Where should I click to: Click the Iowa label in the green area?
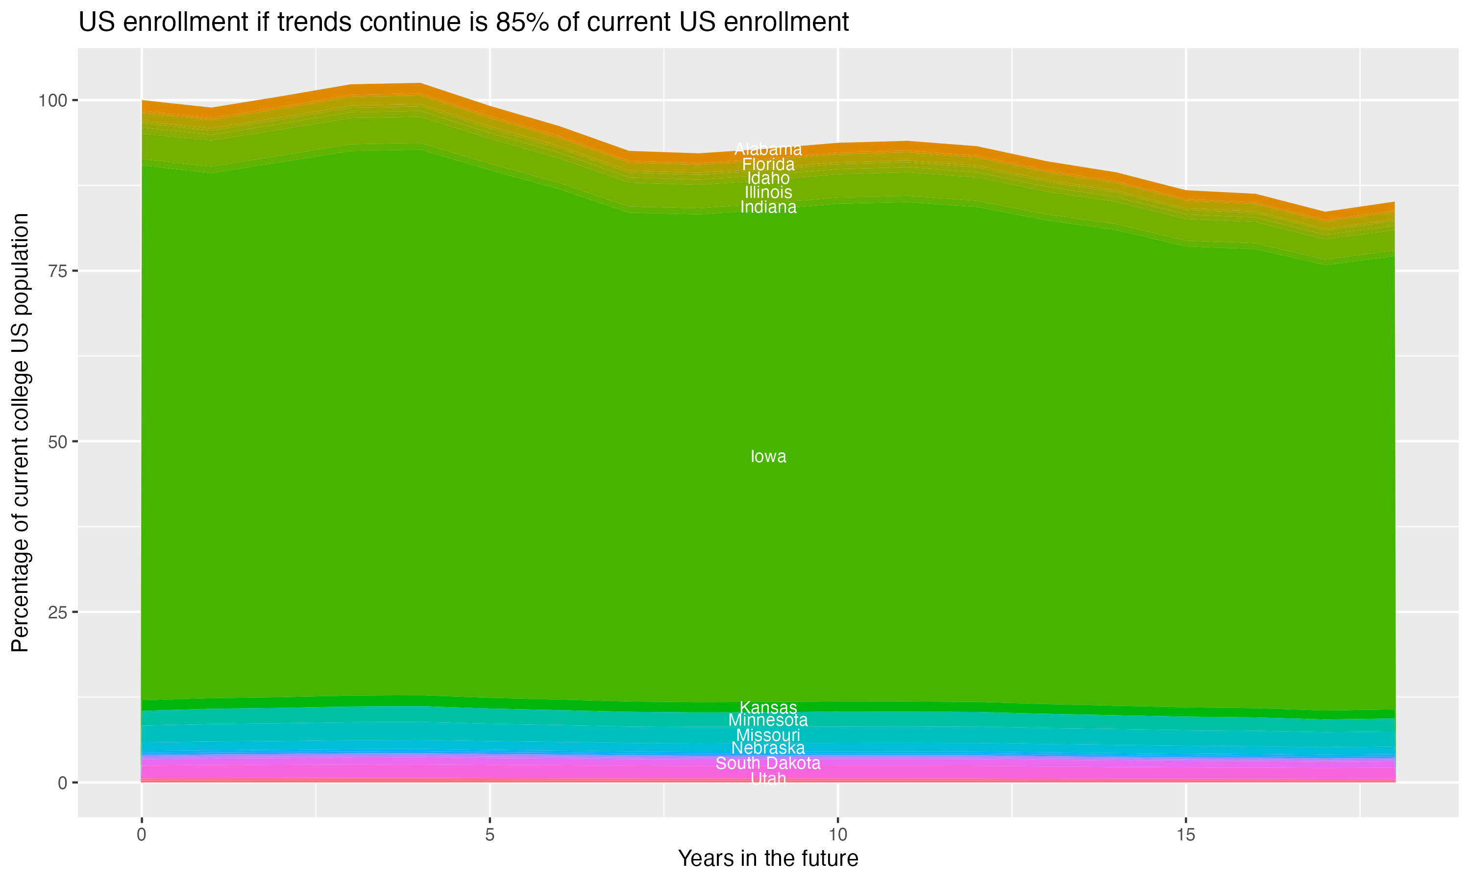pyautogui.click(x=768, y=457)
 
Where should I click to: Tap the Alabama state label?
pyautogui.click(x=768, y=149)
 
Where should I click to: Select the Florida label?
pyautogui.click(x=768, y=164)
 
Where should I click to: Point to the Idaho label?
pyautogui.click(x=768, y=178)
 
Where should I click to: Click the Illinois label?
pyautogui.click(x=768, y=193)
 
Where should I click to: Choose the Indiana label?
pyautogui.click(x=768, y=207)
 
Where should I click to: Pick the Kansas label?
pyautogui.click(x=768, y=707)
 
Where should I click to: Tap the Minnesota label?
pyautogui.click(x=768, y=720)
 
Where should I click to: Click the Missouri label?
pyautogui.click(x=768, y=735)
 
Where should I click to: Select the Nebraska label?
pyautogui.click(x=768, y=748)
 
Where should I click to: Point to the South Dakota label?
pyautogui.click(x=768, y=763)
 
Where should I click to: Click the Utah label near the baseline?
pyautogui.click(x=768, y=778)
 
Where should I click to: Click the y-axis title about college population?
pyautogui.click(x=20, y=433)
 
